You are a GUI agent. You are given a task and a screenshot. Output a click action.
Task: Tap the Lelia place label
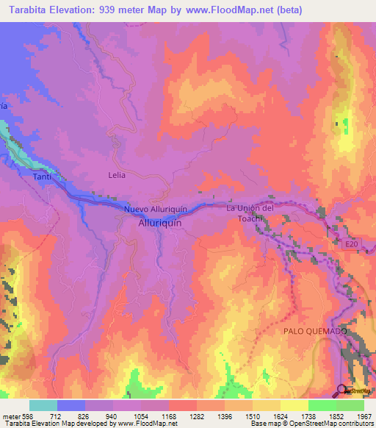coord(117,175)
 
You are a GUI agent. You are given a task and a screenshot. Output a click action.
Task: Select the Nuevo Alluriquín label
coord(157,210)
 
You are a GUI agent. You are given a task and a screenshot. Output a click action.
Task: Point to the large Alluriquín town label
coord(159,229)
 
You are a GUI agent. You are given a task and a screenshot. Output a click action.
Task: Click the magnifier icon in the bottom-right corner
coord(342,390)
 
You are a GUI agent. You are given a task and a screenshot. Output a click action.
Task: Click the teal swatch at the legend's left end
coord(43,405)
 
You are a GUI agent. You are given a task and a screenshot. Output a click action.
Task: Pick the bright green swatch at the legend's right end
coord(350,405)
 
